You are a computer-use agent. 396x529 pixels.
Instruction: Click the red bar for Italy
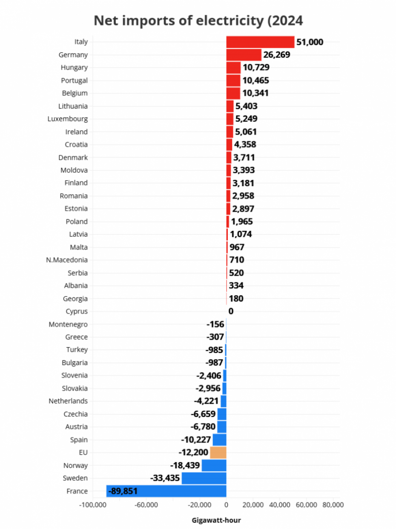click(x=260, y=42)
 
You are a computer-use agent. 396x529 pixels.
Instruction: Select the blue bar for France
click(x=166, y=491)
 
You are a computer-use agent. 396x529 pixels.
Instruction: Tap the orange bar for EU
click(x=218, y=452)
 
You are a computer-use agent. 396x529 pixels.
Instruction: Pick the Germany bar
click(x=244, y=55)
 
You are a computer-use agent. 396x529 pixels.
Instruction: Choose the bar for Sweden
click(x=204, y=478)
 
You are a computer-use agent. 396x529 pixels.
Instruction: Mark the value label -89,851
click(x=123, y=491)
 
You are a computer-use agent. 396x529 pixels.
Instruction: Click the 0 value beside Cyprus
click(x=231, y=311)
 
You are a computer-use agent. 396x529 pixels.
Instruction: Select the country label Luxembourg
click(x=68, y=119)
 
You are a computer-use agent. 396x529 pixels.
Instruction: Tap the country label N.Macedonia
click(x=67, y=260)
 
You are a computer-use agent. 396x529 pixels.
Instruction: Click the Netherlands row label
click(x=68, y=401)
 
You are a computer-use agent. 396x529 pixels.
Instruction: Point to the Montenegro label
click(x=68, y=324)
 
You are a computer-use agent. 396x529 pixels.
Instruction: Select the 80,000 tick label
click(x=333, y=505)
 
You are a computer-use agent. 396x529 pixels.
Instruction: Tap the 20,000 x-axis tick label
click(x=253, y=505)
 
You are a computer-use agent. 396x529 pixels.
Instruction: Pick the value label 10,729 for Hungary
click(x=256, y=68)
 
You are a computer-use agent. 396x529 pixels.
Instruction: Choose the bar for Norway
click(x=214, y=466)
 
